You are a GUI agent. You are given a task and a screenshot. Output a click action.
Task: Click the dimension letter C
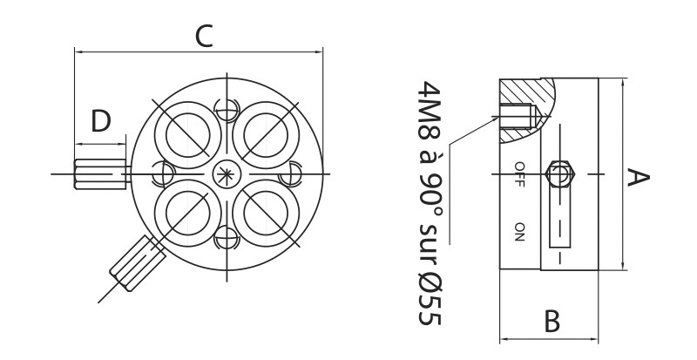pyautogui.click(x=202, y=36)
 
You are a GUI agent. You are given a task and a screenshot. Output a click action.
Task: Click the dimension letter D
pyautogui.click(x=102, y=121)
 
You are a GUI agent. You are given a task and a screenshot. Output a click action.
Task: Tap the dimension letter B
pyautogui.click(x=551, y=321)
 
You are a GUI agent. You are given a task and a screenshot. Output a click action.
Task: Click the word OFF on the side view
pyautogui.click(x=519, y=174)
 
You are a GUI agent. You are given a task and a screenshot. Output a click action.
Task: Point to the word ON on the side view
pyautogui.click(x=519, y=231)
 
